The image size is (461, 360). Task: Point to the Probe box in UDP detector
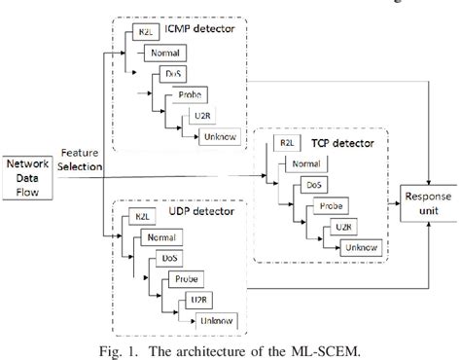point(187,278)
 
